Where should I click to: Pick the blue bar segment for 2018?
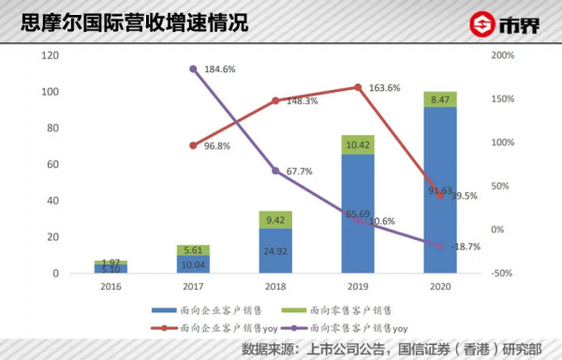click(x=275, y=251)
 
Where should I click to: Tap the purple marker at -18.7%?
click(x=440, y=246)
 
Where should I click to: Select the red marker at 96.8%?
click(x=193, y=145)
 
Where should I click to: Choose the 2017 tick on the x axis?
click(x=193, y=286)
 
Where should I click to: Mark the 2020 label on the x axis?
click(x=440, y=286)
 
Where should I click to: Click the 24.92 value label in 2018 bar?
click(x=275, y=252)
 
